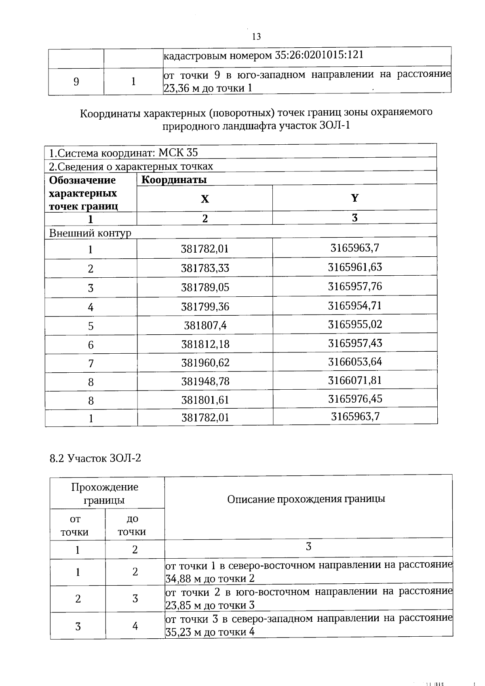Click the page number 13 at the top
coord(256,37)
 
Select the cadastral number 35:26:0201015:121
coord(319,55)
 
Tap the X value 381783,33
coord(205,268)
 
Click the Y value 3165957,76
coord(354,287)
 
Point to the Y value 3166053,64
coord(354,362)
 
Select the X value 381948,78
coord(205,381)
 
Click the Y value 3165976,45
coord(354,399)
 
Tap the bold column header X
coord(205,199)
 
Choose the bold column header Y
coord(354,198)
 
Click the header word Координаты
coord(174,179)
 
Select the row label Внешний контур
coord(90,233)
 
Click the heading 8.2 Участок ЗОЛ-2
coord(95,458)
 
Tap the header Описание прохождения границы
coord(306,499)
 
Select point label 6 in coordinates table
coord(91,345)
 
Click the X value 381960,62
coord(205,363)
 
